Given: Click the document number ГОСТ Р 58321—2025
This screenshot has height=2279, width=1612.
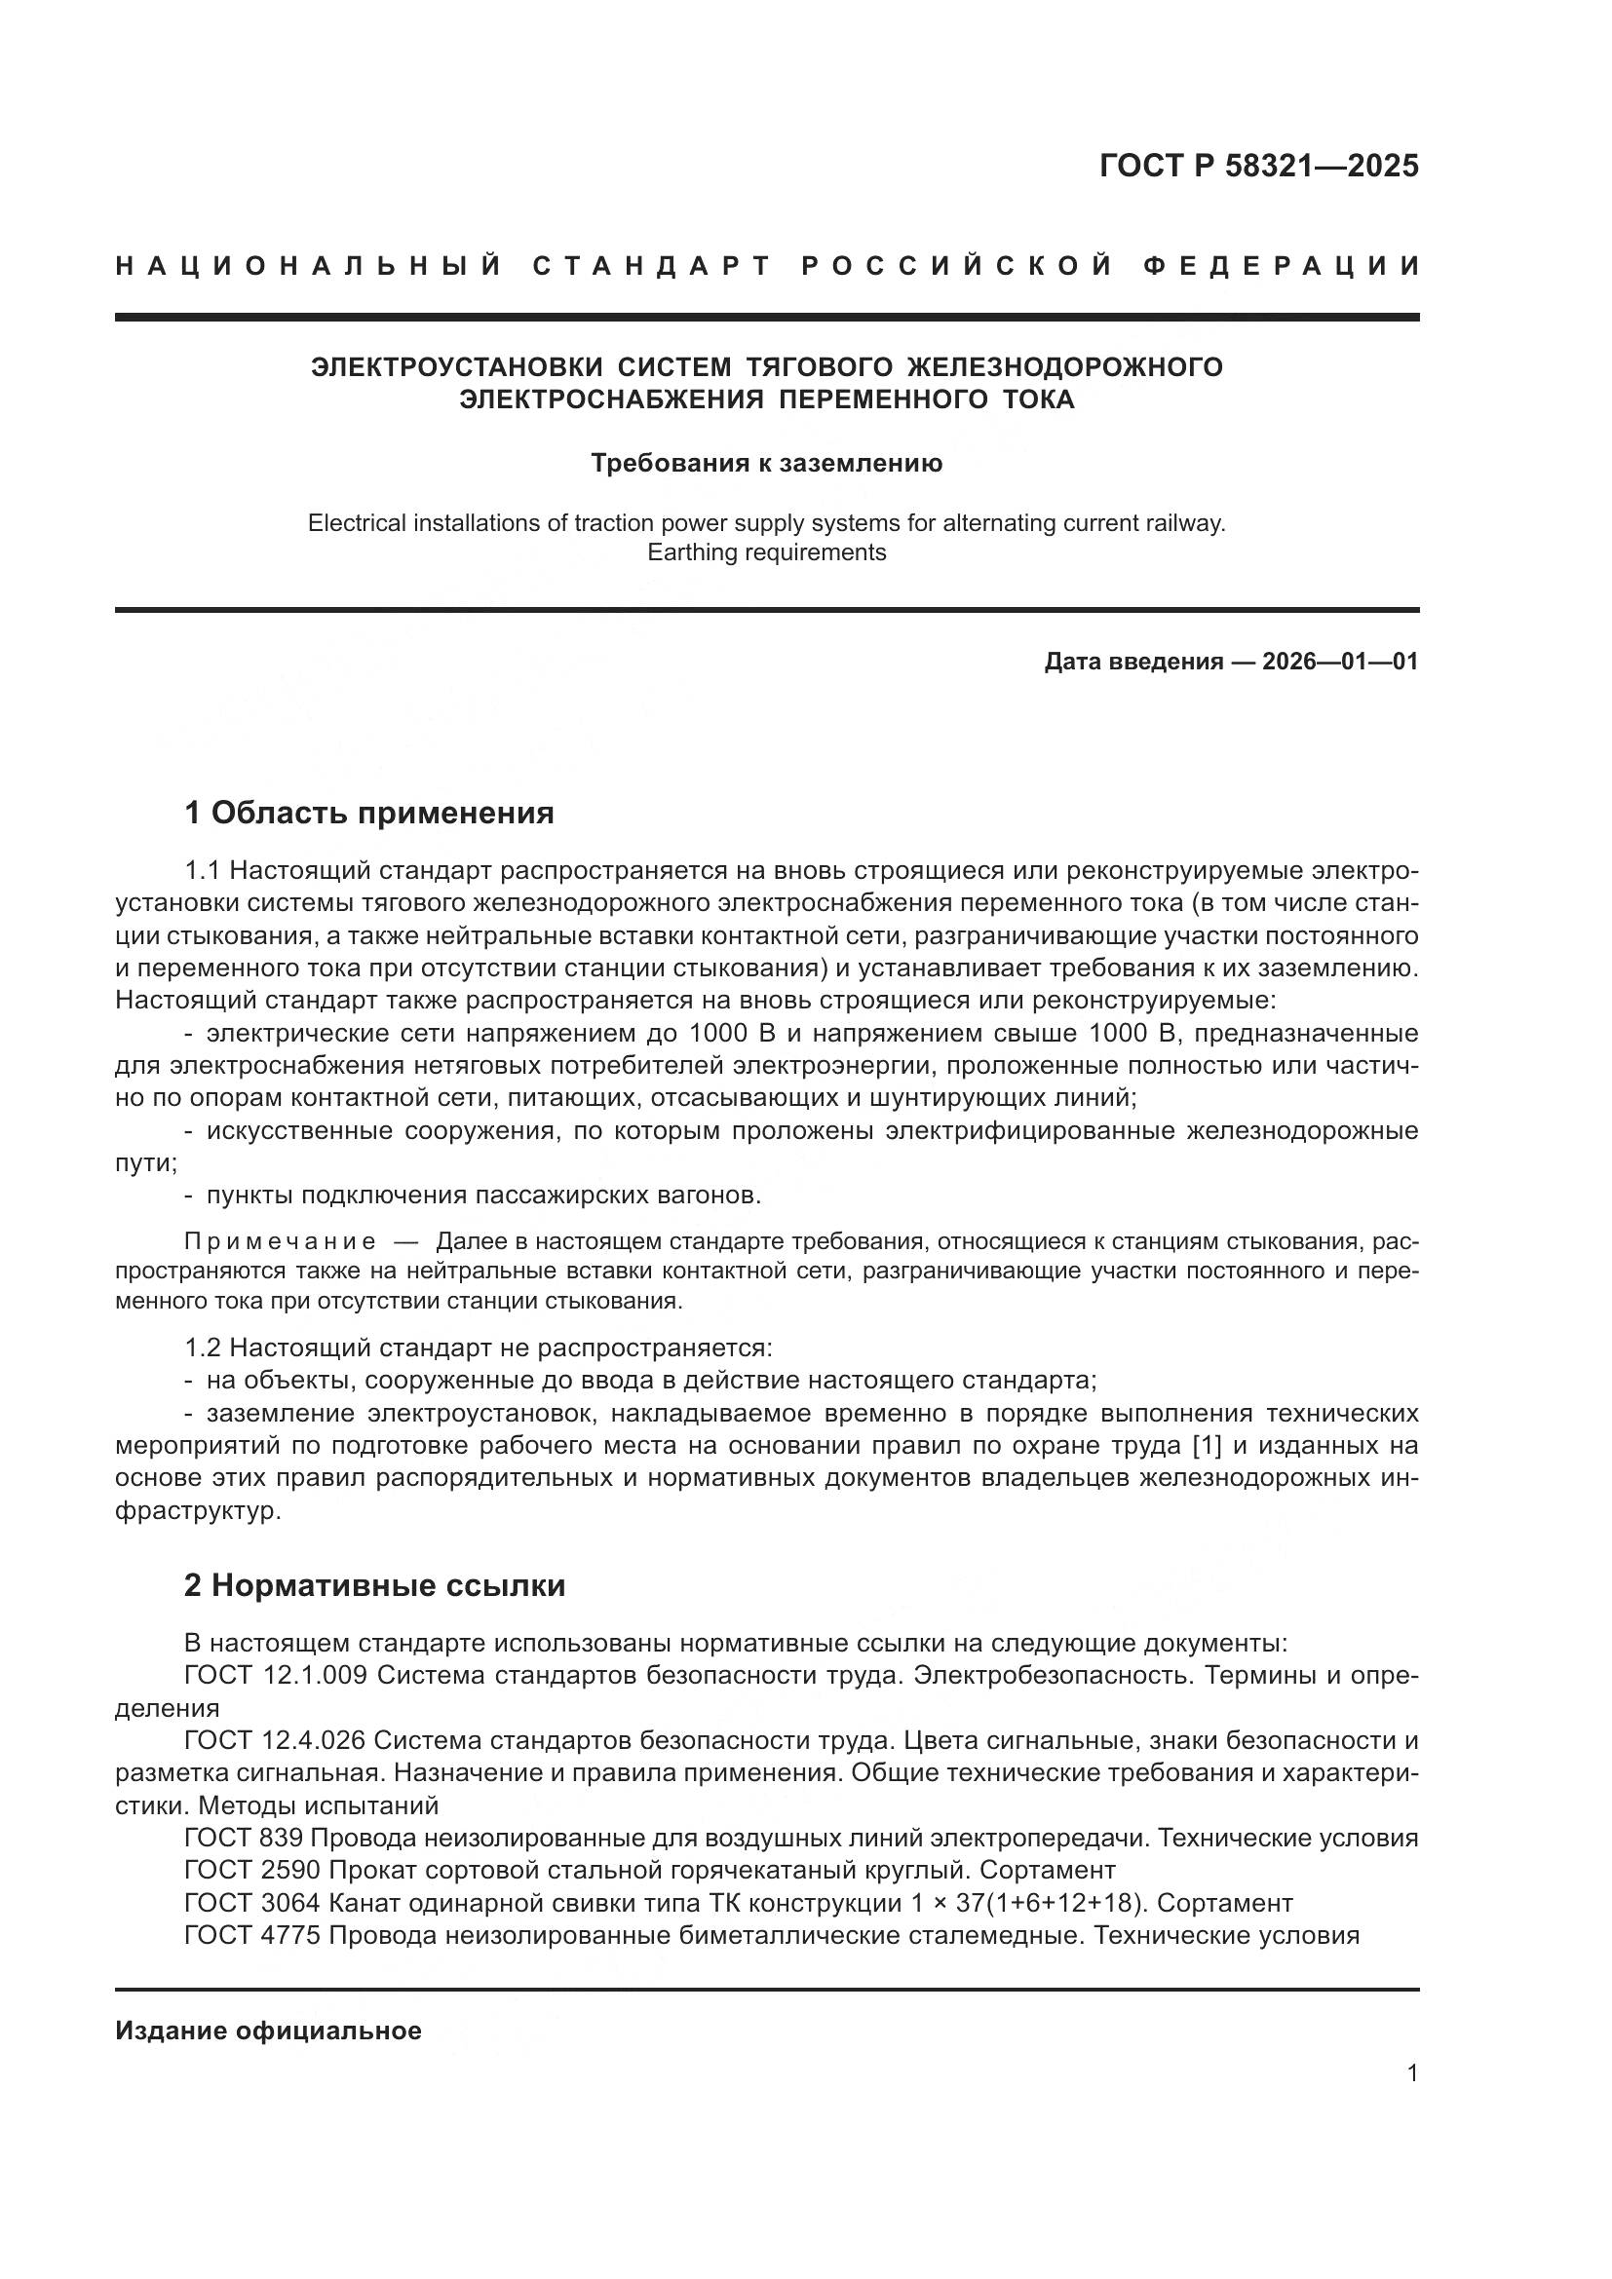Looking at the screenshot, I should [x=1257, y=166].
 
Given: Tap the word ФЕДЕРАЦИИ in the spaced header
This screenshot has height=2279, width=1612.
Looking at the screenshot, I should [x=1281, y=266].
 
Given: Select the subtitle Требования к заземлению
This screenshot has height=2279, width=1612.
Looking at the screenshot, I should [x=766, y=464].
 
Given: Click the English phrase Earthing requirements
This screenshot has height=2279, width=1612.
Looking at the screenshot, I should [x=766, y=552].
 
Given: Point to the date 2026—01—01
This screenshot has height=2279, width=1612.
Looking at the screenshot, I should [x=1340, y=662].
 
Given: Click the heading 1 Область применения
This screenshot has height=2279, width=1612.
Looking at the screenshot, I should [x=368, y=814].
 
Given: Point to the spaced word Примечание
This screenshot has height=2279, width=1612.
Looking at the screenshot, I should [x=281, y=1241].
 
